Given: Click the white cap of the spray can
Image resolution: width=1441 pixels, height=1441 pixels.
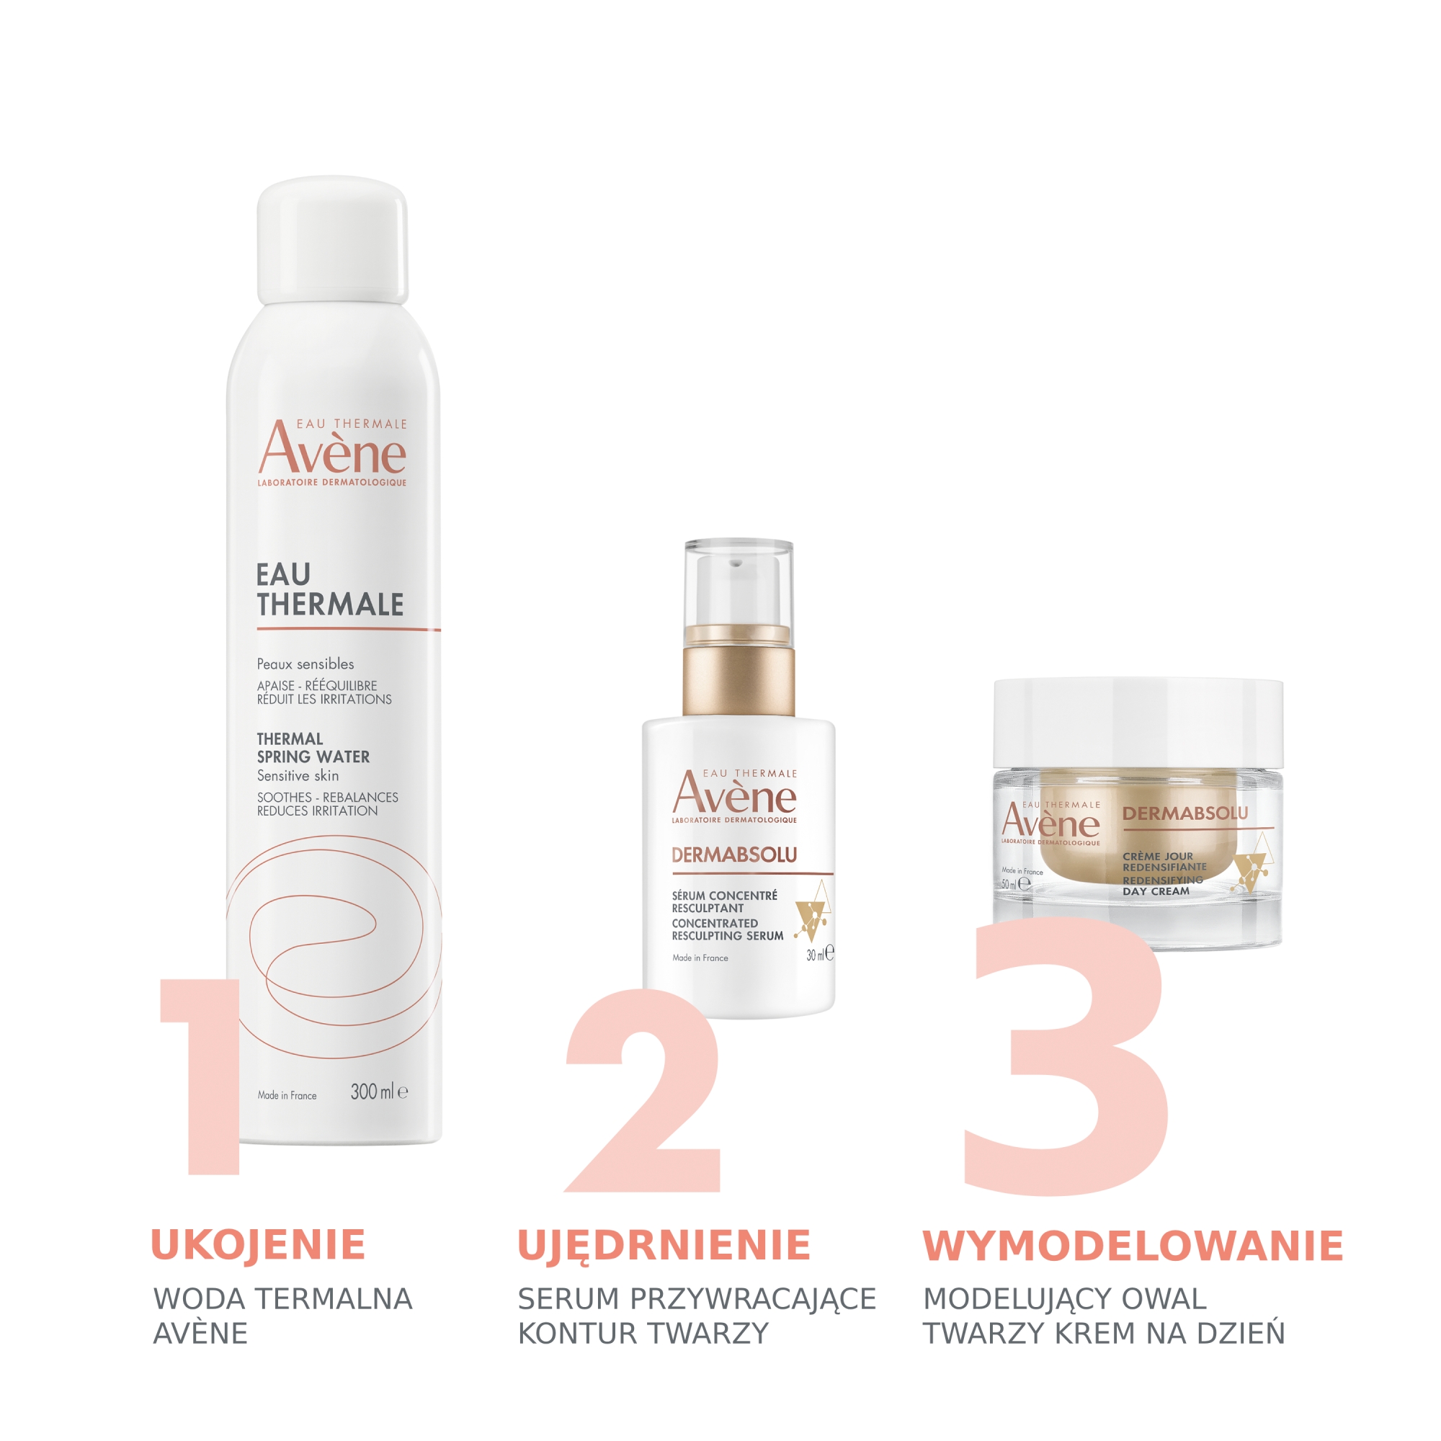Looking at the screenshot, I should pyautogui.click(x=333, y=240).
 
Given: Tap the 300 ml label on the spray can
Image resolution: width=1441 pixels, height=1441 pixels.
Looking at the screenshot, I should pyautogui.click(x=379, y=1092).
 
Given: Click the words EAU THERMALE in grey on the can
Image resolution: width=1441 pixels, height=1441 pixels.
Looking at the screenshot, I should pyautogui.click(x=330, y=590).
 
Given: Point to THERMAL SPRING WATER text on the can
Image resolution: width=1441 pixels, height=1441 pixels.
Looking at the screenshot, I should pyautogui.click(x=313, y=748).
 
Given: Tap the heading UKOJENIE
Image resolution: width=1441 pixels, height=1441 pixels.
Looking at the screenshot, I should pyautogui.click(x=258, y=1246).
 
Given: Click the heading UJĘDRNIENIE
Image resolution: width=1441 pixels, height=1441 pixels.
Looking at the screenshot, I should pyautogui.click(x=664, y=1246).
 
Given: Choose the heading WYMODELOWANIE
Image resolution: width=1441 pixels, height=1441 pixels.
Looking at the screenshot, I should pyautogui.click(x=1133, y=1246).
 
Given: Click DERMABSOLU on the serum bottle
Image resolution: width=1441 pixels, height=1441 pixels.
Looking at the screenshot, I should pyautogui.click(x=734, y=855).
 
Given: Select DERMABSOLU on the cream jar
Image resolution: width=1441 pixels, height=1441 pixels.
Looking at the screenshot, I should pyautogui.click(x=1185, y=813).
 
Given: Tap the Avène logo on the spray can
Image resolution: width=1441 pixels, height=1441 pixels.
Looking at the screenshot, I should pyautogui.click(x=333, y=452).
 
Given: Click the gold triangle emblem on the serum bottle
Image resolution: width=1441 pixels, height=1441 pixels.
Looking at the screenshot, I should pyautogui.click(x=813, y=911).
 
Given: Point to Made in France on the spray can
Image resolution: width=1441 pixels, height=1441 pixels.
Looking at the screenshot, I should pyautogui.click(x=287, y=1096).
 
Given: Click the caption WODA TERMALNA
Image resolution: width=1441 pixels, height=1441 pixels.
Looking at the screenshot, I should pyautogui.click(x=282, y=1298).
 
